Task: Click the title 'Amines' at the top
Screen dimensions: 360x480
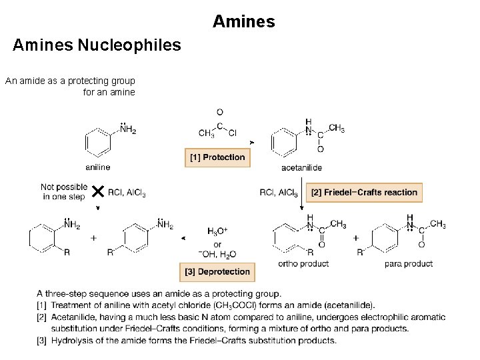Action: (x=243, y=21)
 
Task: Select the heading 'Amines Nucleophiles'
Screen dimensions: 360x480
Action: (x=97, y=45)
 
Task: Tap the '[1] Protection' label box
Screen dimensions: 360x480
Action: (x=217, y=157)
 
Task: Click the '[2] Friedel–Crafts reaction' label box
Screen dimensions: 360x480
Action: (x=364, y=193)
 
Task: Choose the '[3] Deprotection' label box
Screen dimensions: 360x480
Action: (x=217, y=271)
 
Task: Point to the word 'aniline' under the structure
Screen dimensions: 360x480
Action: (x=98, y=167)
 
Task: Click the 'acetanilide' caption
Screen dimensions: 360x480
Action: (x=301, y=167)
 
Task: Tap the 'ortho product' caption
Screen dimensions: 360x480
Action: (x=303, y=263)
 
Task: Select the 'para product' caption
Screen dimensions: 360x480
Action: (x=409, y=263)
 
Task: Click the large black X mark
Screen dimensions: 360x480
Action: (x=97, y=192)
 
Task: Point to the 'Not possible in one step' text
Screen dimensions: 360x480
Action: (x=64, y=191)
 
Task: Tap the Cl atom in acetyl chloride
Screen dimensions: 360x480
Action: (x=232, y=133)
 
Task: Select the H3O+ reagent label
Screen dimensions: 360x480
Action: (x=217, y=231)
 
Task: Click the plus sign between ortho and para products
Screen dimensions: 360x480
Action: (x=355, y=238)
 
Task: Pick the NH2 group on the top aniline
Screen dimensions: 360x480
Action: (x=128, y=131)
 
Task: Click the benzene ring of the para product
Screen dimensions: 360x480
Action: (x=385, y=238)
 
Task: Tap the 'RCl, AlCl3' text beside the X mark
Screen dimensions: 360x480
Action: (x=127, y=193)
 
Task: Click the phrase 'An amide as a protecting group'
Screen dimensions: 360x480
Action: (x=70, y=81)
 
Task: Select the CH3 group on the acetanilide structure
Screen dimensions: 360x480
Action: (x=337, y=128)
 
